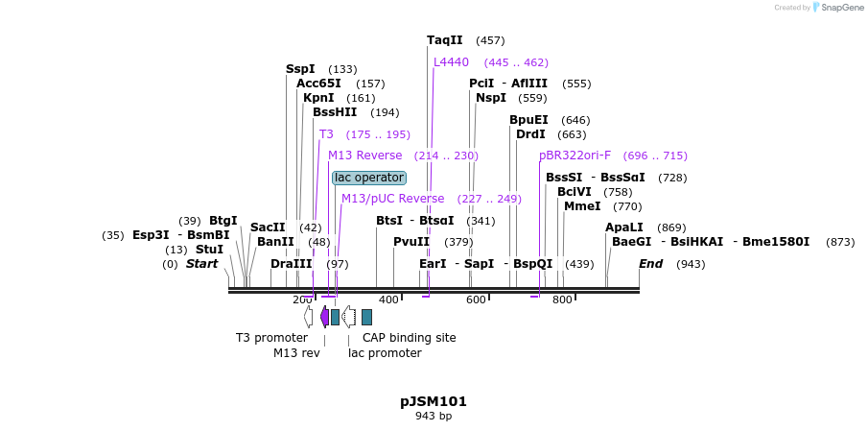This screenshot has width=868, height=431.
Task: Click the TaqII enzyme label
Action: tap(444, 40)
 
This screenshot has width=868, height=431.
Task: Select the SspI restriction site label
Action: tap(300, 69)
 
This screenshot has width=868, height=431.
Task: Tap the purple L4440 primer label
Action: tap(451, 62)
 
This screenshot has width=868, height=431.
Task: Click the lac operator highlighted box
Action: tap(369, 178)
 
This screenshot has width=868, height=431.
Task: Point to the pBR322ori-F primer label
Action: tap(575, 156)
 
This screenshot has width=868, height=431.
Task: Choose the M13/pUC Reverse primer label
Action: tap(392, 199)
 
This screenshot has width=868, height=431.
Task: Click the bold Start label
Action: tap(201, 264)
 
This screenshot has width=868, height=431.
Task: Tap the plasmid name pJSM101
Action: tap(434, 401)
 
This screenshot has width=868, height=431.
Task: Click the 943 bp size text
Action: tap(434, 417)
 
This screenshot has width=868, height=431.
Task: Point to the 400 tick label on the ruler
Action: tap(388, 300)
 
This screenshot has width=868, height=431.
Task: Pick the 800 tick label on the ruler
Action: tap(562, 300)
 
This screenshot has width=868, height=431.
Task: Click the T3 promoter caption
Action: tap(271, 338)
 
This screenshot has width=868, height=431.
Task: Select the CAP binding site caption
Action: tap(409, 338)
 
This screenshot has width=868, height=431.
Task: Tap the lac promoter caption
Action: tap(385, 353)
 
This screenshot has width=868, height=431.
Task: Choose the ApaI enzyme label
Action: tap(623, 227)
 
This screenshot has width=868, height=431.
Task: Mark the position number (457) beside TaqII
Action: tap(490, 40)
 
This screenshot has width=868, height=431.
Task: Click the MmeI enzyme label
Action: tap(581, 206)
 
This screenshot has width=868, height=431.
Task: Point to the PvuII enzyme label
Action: tap(411, 242)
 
